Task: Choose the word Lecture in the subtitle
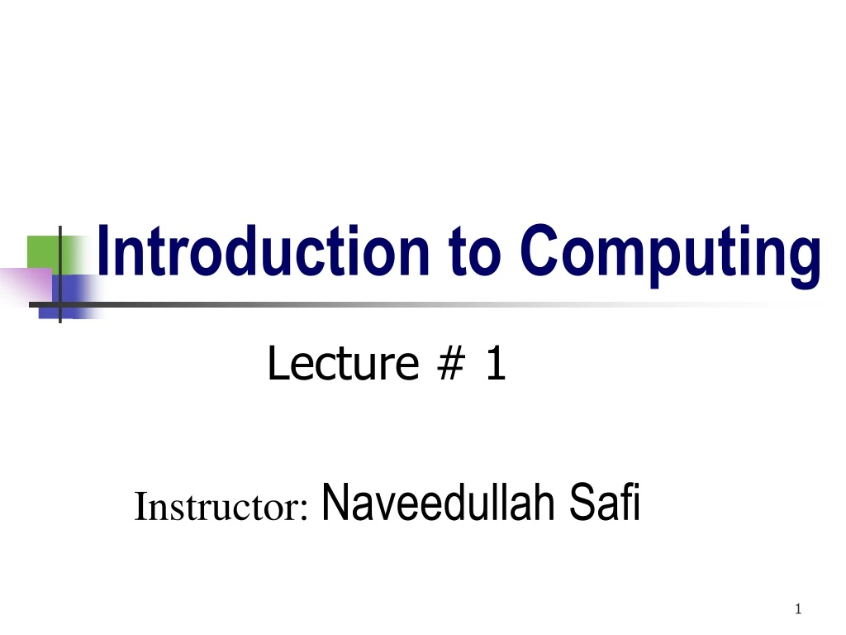pos(342,365)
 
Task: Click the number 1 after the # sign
pos(495,365)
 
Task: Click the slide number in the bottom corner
pos(797,610)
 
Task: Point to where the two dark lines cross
pos(60,303)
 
